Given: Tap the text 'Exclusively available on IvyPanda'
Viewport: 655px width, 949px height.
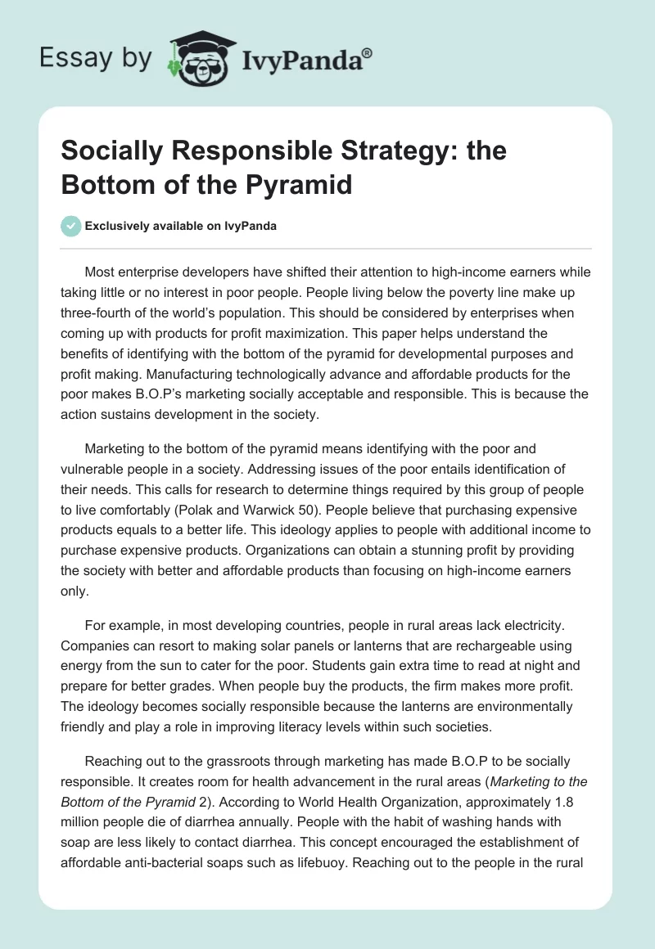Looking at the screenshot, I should (180, 226).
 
